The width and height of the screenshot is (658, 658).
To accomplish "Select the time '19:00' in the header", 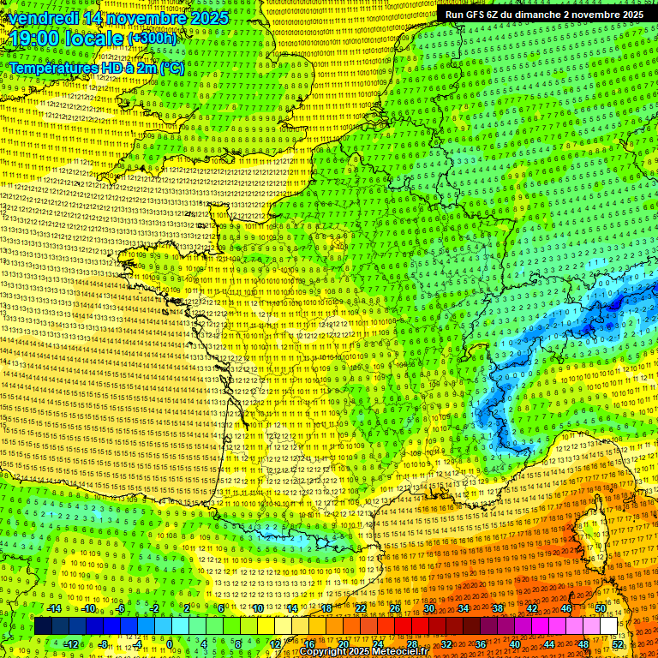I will click(x=33, y=39).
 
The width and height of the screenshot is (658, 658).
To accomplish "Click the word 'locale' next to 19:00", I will click(x=93, y=39).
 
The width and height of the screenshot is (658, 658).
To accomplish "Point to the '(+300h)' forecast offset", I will click(x=153, y=39).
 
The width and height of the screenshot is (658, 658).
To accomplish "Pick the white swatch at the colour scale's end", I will click(x=608, y=626).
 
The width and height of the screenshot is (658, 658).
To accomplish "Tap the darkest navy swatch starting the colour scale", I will click(x=44, y=626).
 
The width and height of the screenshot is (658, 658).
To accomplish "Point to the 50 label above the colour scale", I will click(x=601, y=608).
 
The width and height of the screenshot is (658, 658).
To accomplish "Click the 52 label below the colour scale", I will click(x=618, y=643).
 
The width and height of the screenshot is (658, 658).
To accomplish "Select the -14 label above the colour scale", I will click(x=54, y=608).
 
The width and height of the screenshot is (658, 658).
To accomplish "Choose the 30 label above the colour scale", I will click(x=428, y=608).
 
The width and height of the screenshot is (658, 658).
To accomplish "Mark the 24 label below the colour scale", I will click(x=377, y=643).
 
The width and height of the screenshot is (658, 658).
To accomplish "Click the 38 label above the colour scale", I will click(x=497, y=608).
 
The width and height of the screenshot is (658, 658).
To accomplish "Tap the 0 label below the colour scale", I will click(x=169, y=643).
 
